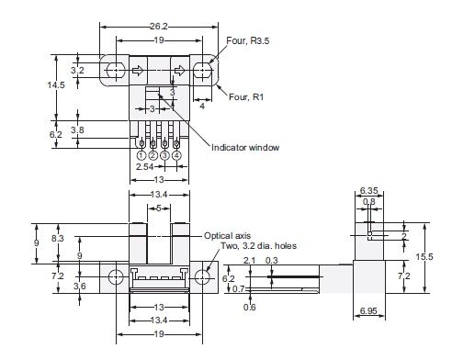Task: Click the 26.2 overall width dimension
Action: pyautogui.click(x=159, y=28)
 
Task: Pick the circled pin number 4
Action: pyautogui.click(x=176, y=155)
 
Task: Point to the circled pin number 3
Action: pyautogui.click(x=164, y=155)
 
